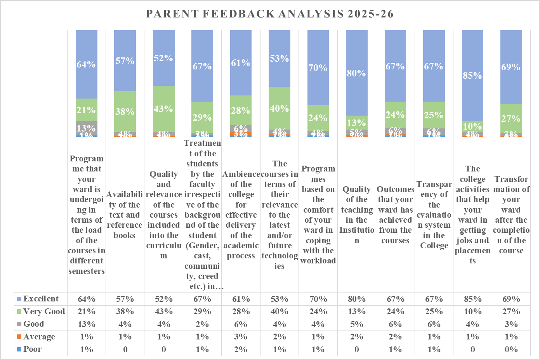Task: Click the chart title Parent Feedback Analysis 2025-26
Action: [x=270, y=14]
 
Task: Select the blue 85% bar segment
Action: [x=472, y=76]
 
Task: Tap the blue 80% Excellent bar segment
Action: [x=356, y=73]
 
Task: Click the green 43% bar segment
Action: [x=163, y=109]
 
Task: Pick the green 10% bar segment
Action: [x=472, y=126]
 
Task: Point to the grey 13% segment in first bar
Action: [x=86, y=128]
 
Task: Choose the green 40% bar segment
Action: [x=280, y=108]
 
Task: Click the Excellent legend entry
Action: [x=40, y=299]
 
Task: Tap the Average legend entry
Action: [x=39, y=337]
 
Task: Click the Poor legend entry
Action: [x=32, y=349]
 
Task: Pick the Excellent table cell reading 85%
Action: [x=472, y=299]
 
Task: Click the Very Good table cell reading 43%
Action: [x=163, y=312]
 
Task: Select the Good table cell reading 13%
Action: [x=86, y=324]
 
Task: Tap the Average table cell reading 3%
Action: [x=241, y=337]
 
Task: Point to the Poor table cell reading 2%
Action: [x=241, y=350]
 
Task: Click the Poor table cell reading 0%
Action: [x=511, y=350]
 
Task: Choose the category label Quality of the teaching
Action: [x=356, y=215]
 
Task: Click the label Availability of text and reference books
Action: [x=125, y=215]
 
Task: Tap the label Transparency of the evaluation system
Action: [x=434, y=215]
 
